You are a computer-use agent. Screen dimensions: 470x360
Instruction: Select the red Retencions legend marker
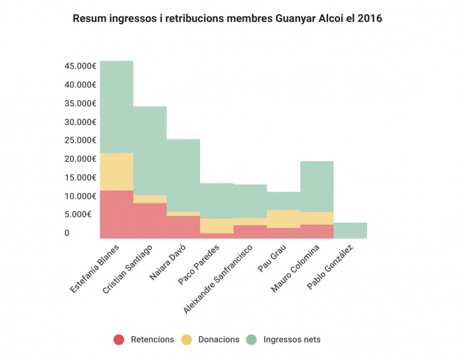pyautogui.click(x=119, y=340)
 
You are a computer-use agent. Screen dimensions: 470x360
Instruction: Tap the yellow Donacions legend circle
pyautogui.click(x=186, y=340)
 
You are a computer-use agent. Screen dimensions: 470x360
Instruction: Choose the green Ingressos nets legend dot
pyautogui.click(x=252, y=340)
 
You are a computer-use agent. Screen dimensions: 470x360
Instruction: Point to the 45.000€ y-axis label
pyautogui.click(x=81, y=66)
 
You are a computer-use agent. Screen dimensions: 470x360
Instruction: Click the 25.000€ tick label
pyautogui.click(x=81, y=140)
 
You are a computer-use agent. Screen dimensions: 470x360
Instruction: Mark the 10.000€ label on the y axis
pyautogui.click(x=81, y=196)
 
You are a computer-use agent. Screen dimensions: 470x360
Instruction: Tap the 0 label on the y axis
pyautogui.click(x=67, y=233)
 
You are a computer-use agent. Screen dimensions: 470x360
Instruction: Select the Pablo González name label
pyautogui.click(x=330, y=267)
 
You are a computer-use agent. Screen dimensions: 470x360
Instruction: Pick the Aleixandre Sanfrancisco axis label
pyautogui.click(x=218, y=279)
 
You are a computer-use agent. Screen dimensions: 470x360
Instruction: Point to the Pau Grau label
pyautogui.click(x=272, y=258)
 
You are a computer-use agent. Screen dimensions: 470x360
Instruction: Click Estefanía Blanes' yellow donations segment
pyautogui.click(x=117, y=172)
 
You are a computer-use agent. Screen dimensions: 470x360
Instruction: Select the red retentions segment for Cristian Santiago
pyautogui.click(x=150, y=221)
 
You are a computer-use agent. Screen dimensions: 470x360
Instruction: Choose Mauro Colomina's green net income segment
pyautogui.click(x=317, y=186)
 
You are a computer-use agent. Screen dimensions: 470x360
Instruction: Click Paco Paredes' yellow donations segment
pyautogui.click(x=217, y=226)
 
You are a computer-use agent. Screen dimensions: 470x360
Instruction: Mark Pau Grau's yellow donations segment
pyautogui.click(x=284, y=219)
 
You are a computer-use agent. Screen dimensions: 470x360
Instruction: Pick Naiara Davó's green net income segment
pyautogui.click(x=184, y=176)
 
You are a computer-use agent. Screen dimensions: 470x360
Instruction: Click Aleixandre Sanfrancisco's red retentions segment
pyautogui.click(x=250, y=232)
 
